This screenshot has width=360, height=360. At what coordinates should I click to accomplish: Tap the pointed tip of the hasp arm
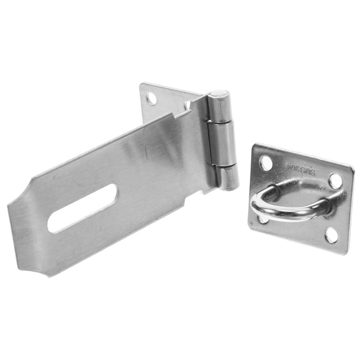[11, 206]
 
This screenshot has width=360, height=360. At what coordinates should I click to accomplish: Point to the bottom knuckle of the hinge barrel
[229, 177]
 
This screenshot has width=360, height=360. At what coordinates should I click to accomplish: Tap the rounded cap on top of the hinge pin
[218, 95]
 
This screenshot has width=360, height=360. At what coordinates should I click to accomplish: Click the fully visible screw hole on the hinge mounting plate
[151, 98]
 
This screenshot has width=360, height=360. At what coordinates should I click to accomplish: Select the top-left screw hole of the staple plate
[266, 164]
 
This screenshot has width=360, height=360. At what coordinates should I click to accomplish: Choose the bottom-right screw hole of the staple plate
[331, 235]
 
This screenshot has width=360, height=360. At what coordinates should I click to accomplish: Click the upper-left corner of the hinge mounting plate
[140, 84]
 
